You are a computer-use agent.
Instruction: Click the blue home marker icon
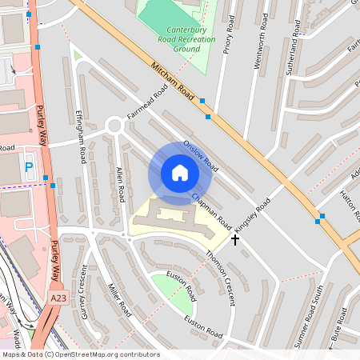[x=180, y=173]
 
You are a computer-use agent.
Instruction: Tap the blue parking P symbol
[x=29, y=166]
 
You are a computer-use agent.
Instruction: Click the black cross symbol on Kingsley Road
[x=235, y=239]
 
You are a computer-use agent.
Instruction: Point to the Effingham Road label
[x=81, y=137]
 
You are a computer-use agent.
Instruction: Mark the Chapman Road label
[x=211, y=210]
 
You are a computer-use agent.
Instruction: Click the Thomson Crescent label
[x=220, y=276]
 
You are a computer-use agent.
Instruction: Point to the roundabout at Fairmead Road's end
[x=114, y=126]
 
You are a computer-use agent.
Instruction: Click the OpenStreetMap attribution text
[x=80, y=354]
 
